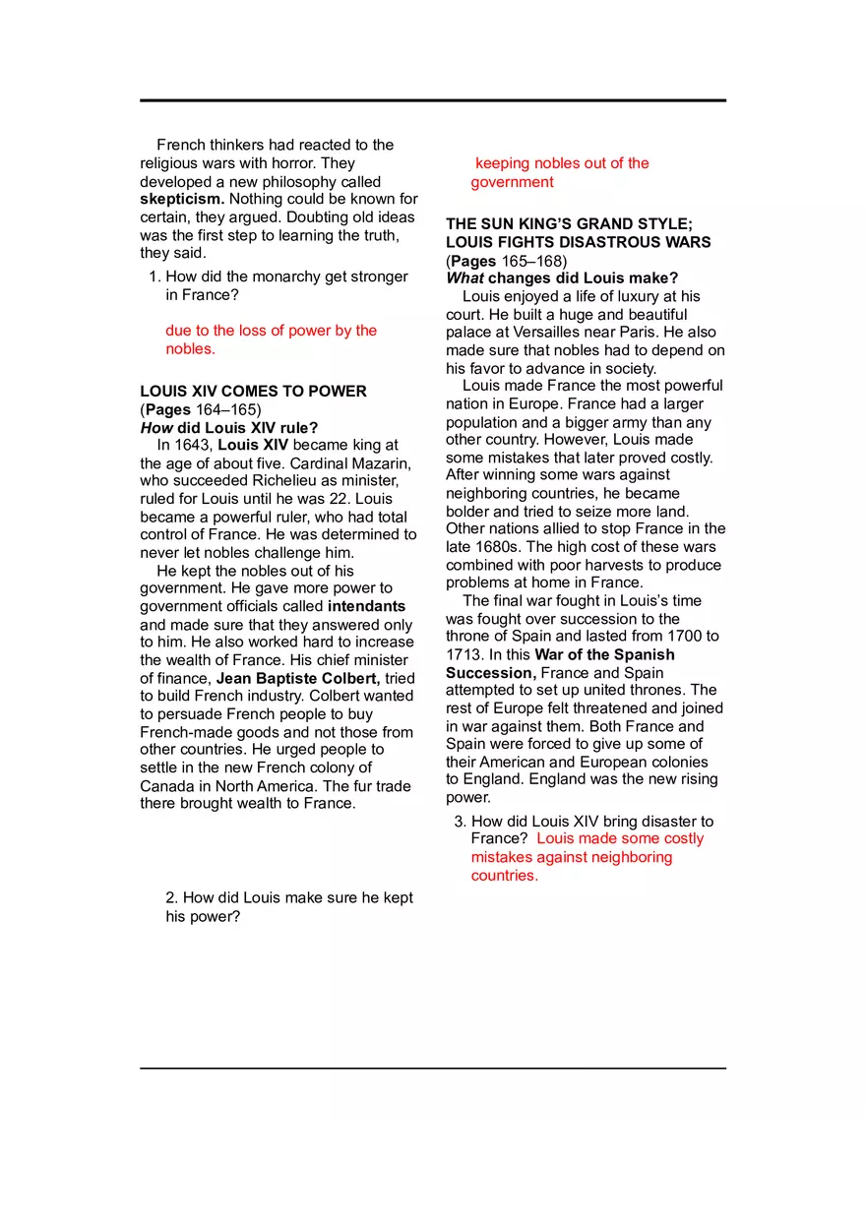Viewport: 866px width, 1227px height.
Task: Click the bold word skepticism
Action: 182,200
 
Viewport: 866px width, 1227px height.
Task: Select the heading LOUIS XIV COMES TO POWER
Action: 253,392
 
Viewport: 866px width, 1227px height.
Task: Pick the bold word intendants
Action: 366,606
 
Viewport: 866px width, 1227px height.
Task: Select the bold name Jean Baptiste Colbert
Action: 298,679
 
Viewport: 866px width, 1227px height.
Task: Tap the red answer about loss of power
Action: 271,339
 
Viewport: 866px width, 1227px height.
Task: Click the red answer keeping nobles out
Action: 561,172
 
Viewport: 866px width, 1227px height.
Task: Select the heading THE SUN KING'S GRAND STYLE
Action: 569,224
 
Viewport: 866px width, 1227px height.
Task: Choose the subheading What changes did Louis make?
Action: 562,278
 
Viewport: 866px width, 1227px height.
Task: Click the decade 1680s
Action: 498,547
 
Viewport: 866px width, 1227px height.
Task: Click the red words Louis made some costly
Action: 620,839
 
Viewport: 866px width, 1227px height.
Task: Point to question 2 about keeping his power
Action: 289,907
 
